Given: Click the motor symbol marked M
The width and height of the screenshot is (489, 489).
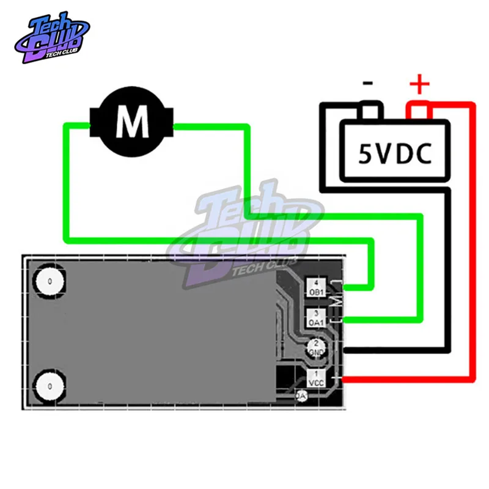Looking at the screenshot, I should (132, 122).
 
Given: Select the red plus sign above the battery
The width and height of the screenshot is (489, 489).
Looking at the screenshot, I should (419, 84).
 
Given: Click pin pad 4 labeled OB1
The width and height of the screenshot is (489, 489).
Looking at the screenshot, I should (315, 288).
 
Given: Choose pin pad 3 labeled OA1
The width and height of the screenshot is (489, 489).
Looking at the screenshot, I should (315, 318).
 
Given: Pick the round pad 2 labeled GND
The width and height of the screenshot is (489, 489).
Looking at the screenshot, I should (316, 348).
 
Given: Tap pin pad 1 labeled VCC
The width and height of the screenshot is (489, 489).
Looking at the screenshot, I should (315, 378).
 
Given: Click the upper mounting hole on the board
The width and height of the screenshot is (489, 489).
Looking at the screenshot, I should (48, 282).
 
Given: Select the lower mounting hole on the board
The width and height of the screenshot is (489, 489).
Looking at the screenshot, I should (48, 386).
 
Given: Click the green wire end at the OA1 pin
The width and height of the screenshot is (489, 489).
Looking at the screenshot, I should (351, 319).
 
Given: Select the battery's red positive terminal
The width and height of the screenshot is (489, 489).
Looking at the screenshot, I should (420, 112).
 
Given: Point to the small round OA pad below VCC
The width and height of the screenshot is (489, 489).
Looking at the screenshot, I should (301, 396).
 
